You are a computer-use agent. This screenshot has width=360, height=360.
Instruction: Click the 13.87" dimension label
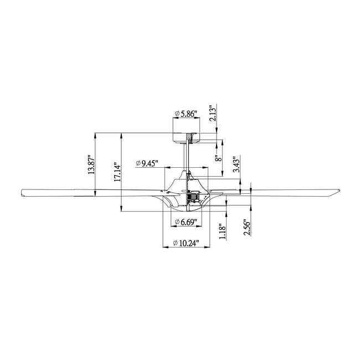(91, 165)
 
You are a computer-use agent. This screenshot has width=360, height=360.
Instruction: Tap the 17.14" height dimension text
(117, 172)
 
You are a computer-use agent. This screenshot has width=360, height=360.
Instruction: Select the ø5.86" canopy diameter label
(186, 114)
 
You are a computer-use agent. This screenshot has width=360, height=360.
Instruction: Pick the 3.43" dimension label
(236, 164)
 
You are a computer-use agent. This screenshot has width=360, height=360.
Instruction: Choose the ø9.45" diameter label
(147, 163)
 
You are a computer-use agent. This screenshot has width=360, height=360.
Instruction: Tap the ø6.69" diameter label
(186, 222)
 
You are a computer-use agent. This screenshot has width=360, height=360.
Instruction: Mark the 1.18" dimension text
(223, 231)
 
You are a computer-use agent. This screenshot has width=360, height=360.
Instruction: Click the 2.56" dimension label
(247, 228)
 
